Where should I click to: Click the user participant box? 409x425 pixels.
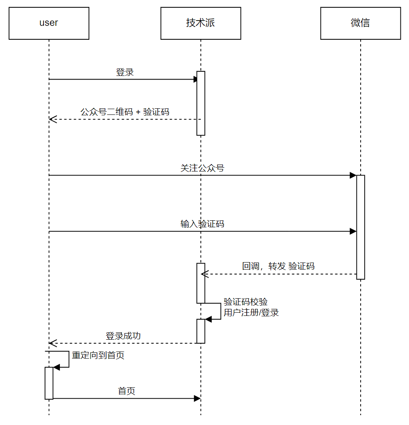pos(49,23)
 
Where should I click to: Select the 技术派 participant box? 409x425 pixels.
pos(201,23)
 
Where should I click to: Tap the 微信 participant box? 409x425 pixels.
pos(361,23)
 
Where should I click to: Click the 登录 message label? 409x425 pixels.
pos(125,72)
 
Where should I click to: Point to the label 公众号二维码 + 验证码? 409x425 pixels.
pos(125,112)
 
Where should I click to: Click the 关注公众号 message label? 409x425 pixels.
pos(202,168)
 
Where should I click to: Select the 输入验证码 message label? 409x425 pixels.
pos(202,224)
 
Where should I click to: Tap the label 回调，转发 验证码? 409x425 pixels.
pos(278,266)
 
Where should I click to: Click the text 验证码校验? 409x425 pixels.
pos(245,302)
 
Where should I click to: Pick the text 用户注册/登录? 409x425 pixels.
pos(251,313)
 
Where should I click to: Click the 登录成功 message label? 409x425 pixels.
pos(123,336)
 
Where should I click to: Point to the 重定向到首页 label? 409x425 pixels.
pos(98,355)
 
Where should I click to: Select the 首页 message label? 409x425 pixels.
pos(127,391)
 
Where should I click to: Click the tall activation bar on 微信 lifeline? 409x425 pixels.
pos(361,227)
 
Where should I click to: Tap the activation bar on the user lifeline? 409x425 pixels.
pos(49,383)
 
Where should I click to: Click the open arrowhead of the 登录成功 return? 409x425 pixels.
pos(53,343)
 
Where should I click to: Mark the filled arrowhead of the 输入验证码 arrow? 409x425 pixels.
pos(353,231)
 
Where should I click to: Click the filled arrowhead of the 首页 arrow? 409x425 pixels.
pos(197,398)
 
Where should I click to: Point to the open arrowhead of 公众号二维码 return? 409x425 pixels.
pos(53,119)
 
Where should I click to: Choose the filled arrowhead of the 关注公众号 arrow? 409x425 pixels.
pos(353,175)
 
